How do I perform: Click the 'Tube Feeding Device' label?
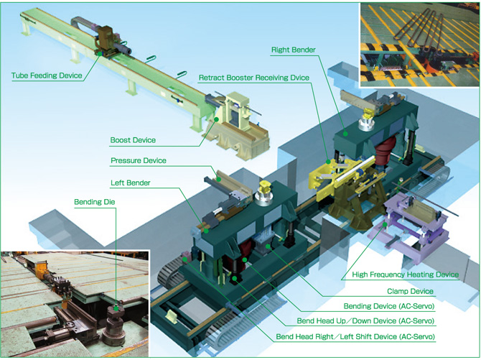(47, 75)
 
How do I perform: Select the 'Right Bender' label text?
(293, 50)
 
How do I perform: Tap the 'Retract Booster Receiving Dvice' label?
(254, 78)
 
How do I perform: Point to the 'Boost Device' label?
(133, 140)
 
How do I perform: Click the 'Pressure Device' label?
(139, 160)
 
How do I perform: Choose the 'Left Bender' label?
(131, 183)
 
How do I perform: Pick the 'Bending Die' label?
(95, 202)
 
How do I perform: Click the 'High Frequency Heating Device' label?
(405, 274)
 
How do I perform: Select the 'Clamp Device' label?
(410, 291)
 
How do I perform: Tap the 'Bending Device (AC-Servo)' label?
(389, 306)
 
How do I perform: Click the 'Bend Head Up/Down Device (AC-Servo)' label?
(365, 321)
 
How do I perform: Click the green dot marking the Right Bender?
(345, 134)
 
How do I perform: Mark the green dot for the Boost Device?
(217, 119)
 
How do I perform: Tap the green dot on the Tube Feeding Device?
(100, 53)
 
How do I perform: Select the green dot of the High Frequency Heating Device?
(385, 224)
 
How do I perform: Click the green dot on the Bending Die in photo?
(116, 308)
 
